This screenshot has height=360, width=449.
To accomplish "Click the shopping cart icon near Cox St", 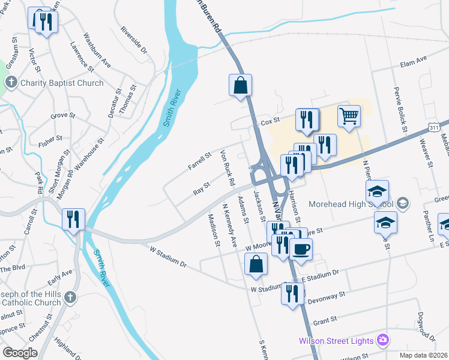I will pyautogui.click(x=349, y=116).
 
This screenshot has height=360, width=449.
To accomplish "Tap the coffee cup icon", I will pyautogui.click(x=301, y=248).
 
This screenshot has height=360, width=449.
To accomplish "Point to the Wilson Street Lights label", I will pyautogui.click(x=337, y=341).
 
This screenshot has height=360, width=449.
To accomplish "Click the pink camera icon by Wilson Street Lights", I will pyautogui.click(x=382, y=341).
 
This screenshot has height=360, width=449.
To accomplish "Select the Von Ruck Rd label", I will pyautogui.click(x=228, y=167).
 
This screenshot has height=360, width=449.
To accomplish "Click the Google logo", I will pyautogui.click(x=20, y=352).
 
